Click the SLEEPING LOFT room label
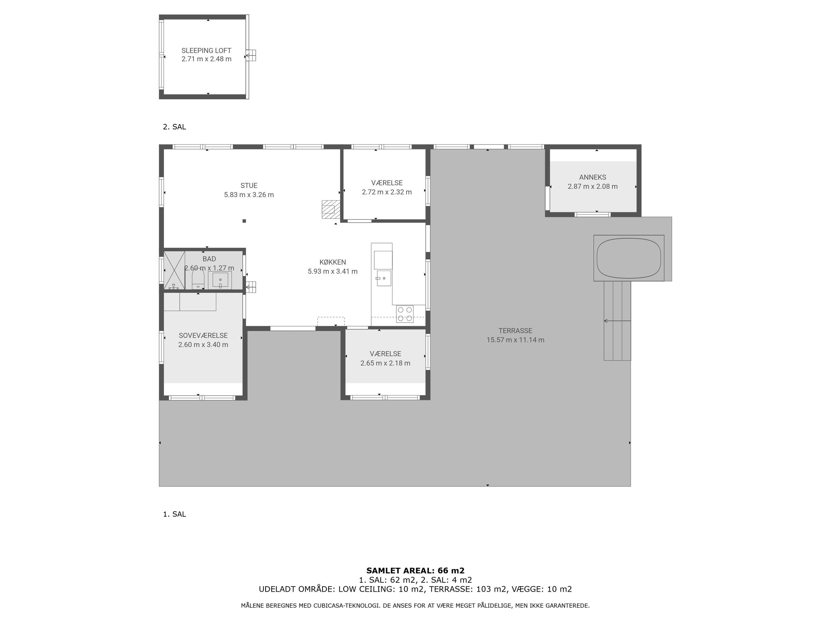click(x=206, y=50)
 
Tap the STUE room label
click(x=249, y=186)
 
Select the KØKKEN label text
click(x=332, y=262)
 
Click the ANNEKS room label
click(x=593, y=177)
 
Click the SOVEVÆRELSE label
click(x=203, y=336)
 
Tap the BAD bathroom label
click(x=209, y=259)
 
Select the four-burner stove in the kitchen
click(x=405, y=314)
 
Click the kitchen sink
click(x=384, y=278)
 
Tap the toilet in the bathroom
click(x=198, y=280)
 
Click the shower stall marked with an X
click(x=174, y=270)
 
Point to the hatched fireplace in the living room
click(x=328, y=210)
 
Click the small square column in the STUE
click(x=244, y=221)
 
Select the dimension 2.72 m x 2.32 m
click(x=386, y=192)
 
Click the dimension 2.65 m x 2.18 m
click(x=385, y=363)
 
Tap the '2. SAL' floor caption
click(x=174, y=127)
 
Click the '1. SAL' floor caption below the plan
click(x=174, y=514)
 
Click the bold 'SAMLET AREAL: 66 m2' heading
click(x=415, y=571)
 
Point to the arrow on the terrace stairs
click(x=617, y=321)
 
